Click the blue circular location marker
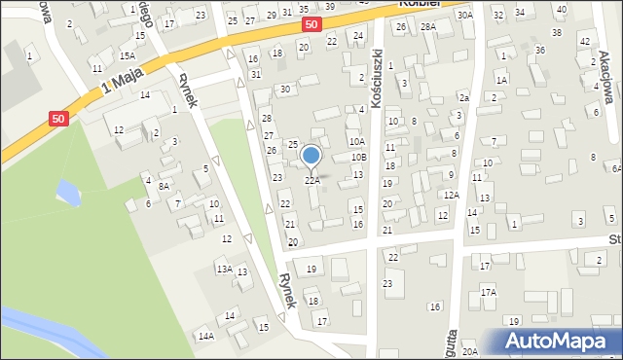pos(311,155)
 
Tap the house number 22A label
pos(311,180)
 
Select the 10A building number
pos(356,141)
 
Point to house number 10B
pos(359,157)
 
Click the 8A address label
pos(165,186)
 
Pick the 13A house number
pos(224,269)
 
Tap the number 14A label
pos(205,336)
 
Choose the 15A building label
pos(128,56)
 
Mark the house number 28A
pos(428,27)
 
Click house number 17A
pos(488,292)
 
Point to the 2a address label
pos(464,98)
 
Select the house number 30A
pos(464,15)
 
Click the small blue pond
pos(67,192)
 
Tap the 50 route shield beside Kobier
pos(310,23)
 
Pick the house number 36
pos(539,50)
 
